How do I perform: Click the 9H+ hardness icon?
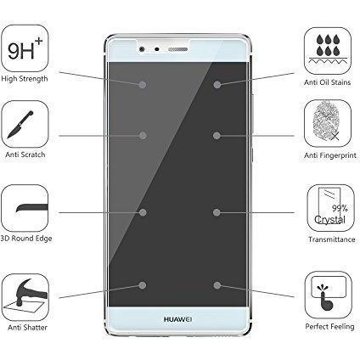pyautogui.click(x=25, y=48)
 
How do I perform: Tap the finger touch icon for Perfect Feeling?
pyautogui.click(x=329, y=295)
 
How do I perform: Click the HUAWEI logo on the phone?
pyautogui.click(x=177, y=319)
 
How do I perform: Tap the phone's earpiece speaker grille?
pyautogui.click(x=178, y=49)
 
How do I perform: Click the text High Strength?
pyautogui.click(x=25, y=79)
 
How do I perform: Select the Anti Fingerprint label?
pyautogui.click(x=330, y=155)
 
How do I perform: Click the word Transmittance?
pyautogui.click(x=332, y=239)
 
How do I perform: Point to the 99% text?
pyautogui.click(x=340, y=208)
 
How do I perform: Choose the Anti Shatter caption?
pyautogui.click(x=27, y=328)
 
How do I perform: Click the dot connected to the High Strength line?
pyautogui.click(x=143, y=85)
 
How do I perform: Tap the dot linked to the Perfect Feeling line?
pyautogui.click(x=217, y=285)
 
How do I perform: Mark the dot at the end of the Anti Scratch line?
pyautogui.click(x=143, y=136)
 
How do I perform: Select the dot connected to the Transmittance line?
pyautogui.click(x=217, y=212)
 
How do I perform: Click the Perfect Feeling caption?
pyautogui.click(x=329, y=327)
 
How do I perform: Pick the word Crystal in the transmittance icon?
pyautogui.click(x=329, y=220)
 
